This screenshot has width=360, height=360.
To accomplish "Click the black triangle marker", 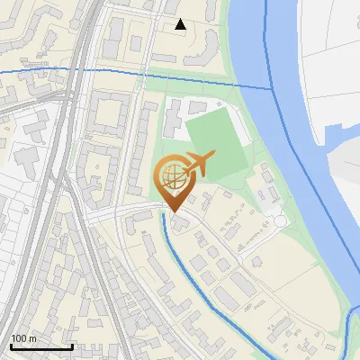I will [181, 24].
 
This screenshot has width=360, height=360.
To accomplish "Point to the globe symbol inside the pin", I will [172, 173].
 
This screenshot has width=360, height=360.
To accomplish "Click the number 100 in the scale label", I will [18, 338].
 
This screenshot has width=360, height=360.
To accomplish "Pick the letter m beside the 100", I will [31, 338].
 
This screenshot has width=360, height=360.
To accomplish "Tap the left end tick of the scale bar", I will [11, 346].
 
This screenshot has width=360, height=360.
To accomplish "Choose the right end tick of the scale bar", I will [72, 346].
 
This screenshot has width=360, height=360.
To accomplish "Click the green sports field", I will [216, 144].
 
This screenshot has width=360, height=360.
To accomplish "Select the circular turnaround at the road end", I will [278, 220].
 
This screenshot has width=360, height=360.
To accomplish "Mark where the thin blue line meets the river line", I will [270, 89].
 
